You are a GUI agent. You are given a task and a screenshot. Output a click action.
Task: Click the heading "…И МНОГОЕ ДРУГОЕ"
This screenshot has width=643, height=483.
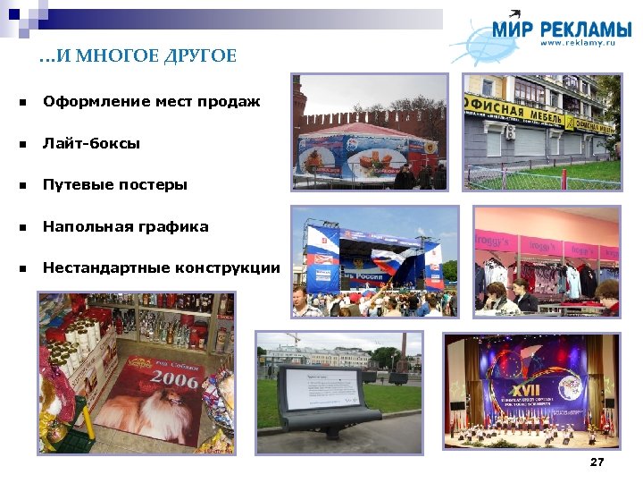[138, 57]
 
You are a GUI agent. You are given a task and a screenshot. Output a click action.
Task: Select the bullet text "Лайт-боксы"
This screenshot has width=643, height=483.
[91, 143]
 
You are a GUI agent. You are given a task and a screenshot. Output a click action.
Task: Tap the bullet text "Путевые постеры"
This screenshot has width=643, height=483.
[115, 185]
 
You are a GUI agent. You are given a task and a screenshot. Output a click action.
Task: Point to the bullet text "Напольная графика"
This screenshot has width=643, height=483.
[125, 227]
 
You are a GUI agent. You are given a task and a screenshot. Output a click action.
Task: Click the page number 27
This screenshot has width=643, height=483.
[597, 462]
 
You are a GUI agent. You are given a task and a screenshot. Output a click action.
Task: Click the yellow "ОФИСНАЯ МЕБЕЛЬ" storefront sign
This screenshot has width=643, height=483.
[514, 115]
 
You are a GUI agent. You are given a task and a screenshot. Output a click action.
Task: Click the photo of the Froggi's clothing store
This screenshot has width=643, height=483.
[546, 260]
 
